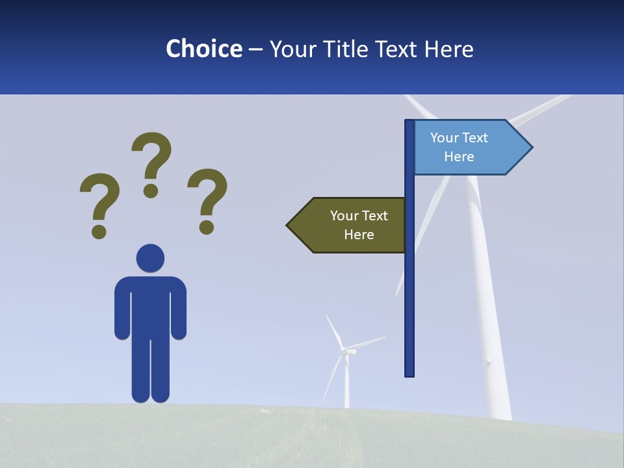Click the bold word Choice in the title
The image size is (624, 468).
pyautogui.click(x=203, y=49)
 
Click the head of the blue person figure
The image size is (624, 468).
pyautogui.click(x=150, y=258)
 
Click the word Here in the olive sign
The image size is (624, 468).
pyautogui.click(x=359, y=235)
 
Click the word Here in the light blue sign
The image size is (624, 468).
pyautogui.click(x=459, y=157)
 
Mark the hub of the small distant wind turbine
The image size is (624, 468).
pyautogui.click(x=344, y=351)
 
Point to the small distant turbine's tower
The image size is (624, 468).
pyautogui.click(x=346, y=387)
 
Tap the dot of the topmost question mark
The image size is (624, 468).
pyautogui.click(x=151, y=190)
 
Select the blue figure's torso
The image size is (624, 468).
pyautogui.click(x=150, y=305)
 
